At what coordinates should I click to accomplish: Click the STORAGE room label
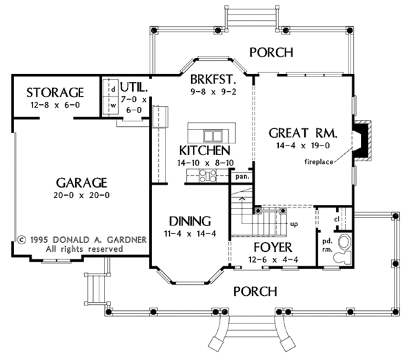click(x=55, y=92)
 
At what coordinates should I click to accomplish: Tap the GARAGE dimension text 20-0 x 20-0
click(x=81, y=195)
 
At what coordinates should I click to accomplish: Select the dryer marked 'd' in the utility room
click(x=110, y=88)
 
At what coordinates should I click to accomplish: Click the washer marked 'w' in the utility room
click(x=110, y=106)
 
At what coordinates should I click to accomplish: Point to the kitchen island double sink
click(x=213, y=136)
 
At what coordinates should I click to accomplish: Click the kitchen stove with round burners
click(x=208, y=176)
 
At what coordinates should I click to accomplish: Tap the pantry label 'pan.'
click(x=242, y=177)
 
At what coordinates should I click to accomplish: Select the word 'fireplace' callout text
click(x=319, y=162)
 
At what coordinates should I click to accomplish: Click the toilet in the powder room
click(x=342, y=257)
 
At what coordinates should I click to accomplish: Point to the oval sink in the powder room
click(x=344, y=241)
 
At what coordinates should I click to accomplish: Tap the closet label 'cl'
click(x=337, y=219)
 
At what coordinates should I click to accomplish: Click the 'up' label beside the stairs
click(x=294, y=224)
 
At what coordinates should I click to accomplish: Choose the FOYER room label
click(x=273, y=248)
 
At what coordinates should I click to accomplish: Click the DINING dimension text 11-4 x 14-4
click(x=190, y=234)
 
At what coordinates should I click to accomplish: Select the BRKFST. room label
click(x=213, y=79)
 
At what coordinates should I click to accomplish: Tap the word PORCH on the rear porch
click(x=271, y=52)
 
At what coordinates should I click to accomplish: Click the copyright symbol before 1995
click(x=21, y=240)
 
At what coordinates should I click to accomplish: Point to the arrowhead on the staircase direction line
click(x=241, y=198)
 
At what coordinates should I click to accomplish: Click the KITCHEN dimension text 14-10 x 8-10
click(x=206, y=163)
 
